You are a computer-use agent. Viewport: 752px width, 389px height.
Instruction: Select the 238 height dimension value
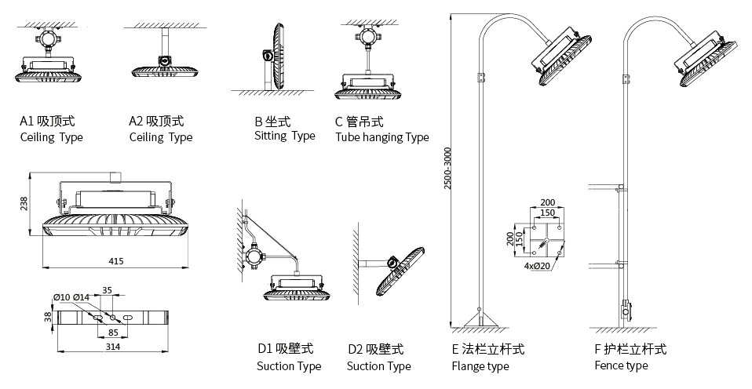tap(24, 203)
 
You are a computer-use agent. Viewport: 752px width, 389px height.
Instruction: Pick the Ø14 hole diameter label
tap(82, 296)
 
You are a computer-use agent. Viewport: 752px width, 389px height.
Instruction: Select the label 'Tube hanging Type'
tap(381, 137)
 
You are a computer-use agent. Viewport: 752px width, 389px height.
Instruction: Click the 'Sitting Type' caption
tap(284, 136)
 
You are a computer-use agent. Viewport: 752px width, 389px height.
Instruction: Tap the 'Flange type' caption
tap(480, 366)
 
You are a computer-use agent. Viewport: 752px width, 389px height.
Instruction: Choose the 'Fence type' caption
tap(621, 365)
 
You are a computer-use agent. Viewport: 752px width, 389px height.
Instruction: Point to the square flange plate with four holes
tap(547, 237)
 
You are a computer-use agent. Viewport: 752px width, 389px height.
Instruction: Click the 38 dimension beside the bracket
tap(48, 317)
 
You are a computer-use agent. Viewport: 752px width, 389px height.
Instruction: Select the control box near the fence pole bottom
tap(626, 311)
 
